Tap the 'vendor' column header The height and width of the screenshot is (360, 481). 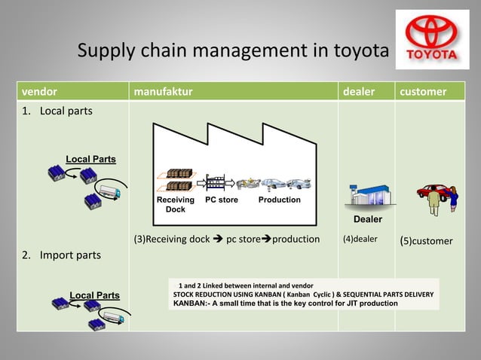click(x=37, y=93)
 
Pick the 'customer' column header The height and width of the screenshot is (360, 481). click(x=423, y=93)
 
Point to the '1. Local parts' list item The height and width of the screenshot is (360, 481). click(x=57, y=111)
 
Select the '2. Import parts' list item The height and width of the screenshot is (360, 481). click(x=61, y=255)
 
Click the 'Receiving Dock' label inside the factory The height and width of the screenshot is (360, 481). click(x=175, y=204)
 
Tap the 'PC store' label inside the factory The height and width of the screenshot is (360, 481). click(x=222, y=200)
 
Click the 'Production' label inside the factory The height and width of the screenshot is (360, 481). click(x=279, y=200)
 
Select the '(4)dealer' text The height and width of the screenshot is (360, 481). click(x=360, y=240)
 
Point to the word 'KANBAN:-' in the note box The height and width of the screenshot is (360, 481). click(x=193, y=304)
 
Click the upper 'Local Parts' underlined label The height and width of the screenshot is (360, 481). click(x=91, y=159)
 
